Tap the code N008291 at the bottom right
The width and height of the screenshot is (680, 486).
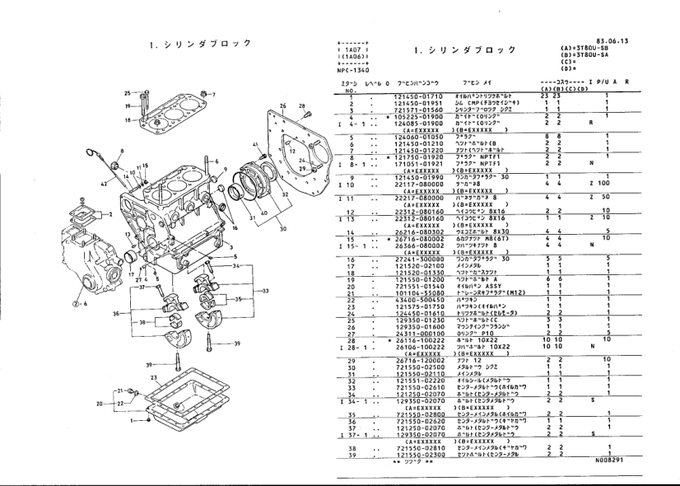point(609,460)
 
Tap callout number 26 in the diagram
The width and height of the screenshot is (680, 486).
point(282,106)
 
